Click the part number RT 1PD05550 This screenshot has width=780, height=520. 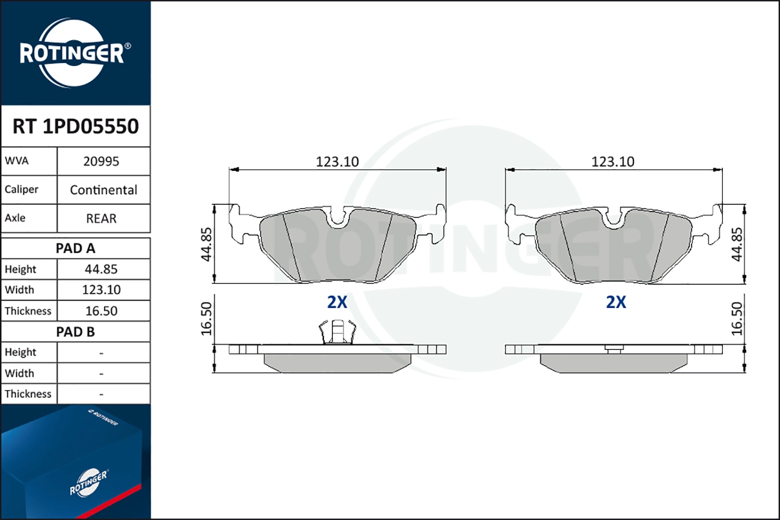coord(75,126)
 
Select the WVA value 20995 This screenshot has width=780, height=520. coord(101,162)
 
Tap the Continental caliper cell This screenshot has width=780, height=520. coord(103,190)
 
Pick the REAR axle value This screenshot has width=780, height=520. coord(101,218)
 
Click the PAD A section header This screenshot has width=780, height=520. coord(75,249)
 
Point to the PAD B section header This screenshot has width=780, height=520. coord(75,332)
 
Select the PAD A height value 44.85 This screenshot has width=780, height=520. coord(101,269)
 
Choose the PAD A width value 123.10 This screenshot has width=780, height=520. coord(101,290)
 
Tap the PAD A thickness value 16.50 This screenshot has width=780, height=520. coord(101,310)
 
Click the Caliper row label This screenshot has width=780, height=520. coord(21,189)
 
